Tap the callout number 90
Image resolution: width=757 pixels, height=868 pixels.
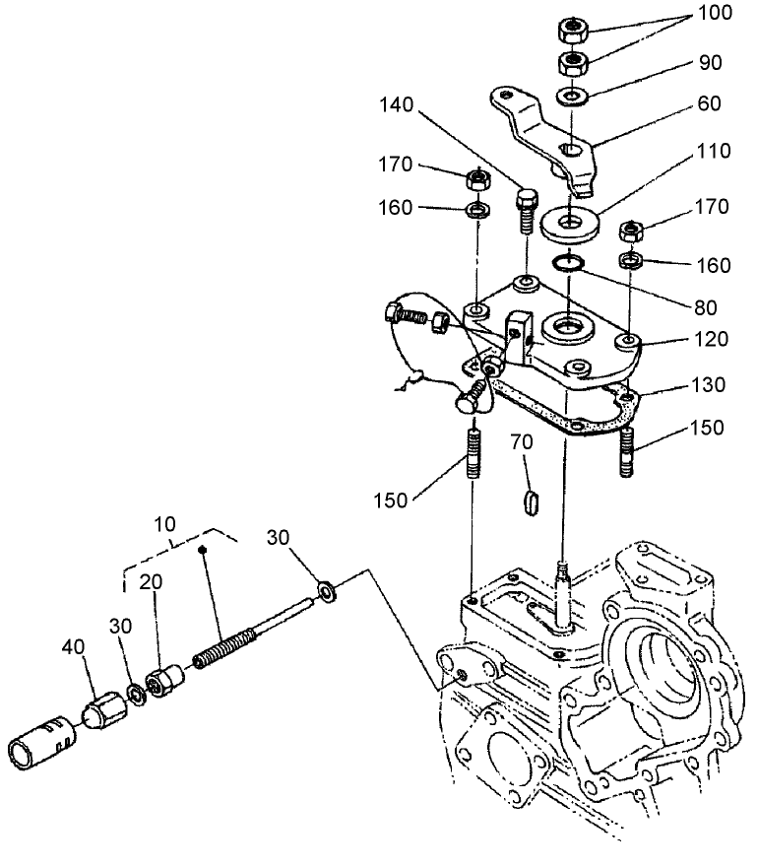709,62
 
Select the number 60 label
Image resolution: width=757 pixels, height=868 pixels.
708,102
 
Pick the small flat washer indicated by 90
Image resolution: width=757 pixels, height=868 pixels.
571,98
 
